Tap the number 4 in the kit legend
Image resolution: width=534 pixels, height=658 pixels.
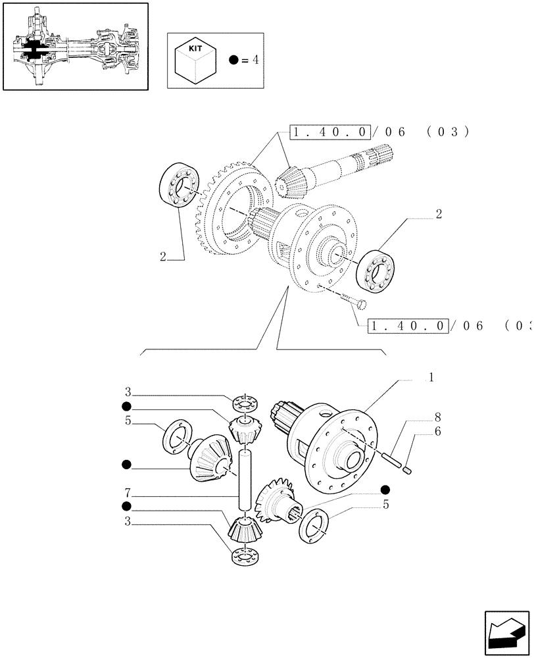256,60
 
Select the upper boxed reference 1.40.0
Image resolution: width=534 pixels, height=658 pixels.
331,132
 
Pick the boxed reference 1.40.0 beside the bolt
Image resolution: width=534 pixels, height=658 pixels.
409,326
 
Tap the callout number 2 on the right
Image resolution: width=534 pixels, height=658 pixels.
438,214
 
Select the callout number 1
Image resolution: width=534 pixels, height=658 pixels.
431,378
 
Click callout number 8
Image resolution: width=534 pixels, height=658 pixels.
437,417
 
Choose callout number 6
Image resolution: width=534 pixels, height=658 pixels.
437,432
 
